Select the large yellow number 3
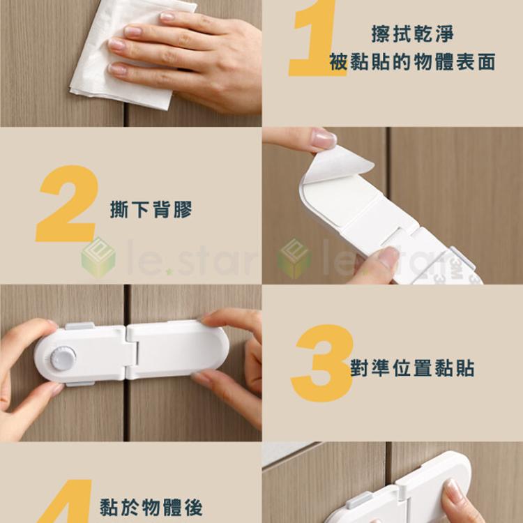click(x=321, y=363)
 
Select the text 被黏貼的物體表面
click(x=413, y=63)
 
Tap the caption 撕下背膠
click(x=151, y=209)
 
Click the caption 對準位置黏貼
click(x=412, y=367)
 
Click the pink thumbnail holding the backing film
click(x=323, y=138)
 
